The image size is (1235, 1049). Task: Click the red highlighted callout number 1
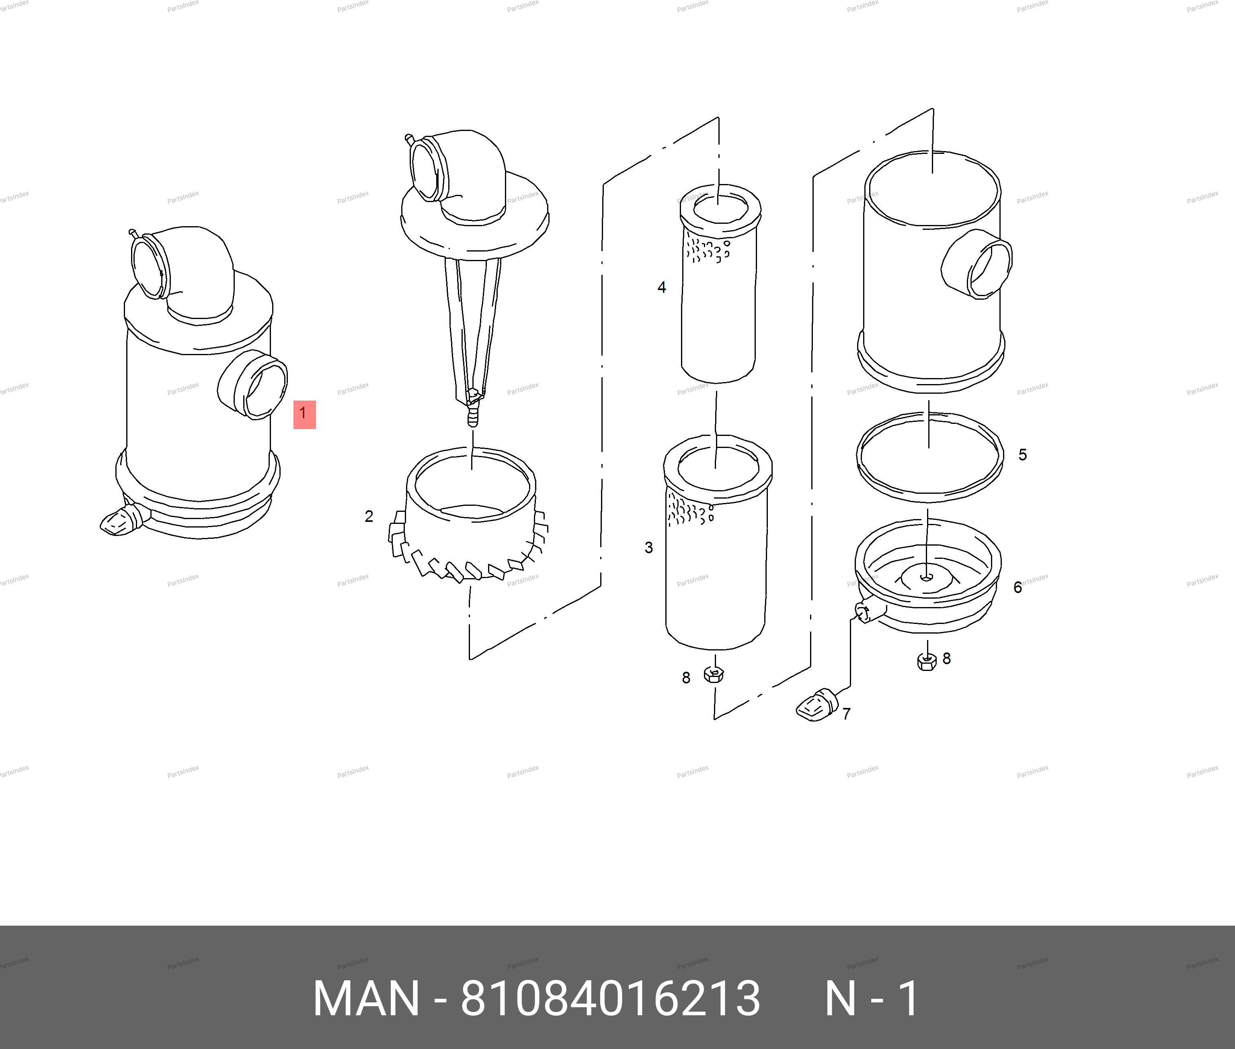304,414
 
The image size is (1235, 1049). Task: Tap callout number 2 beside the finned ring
369,516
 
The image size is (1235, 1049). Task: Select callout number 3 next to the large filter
648,548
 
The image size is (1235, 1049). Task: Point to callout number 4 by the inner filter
662,288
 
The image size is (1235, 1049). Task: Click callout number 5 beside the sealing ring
1023,455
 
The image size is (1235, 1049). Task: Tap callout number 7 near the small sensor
847,714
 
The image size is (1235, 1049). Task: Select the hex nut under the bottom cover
927,660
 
